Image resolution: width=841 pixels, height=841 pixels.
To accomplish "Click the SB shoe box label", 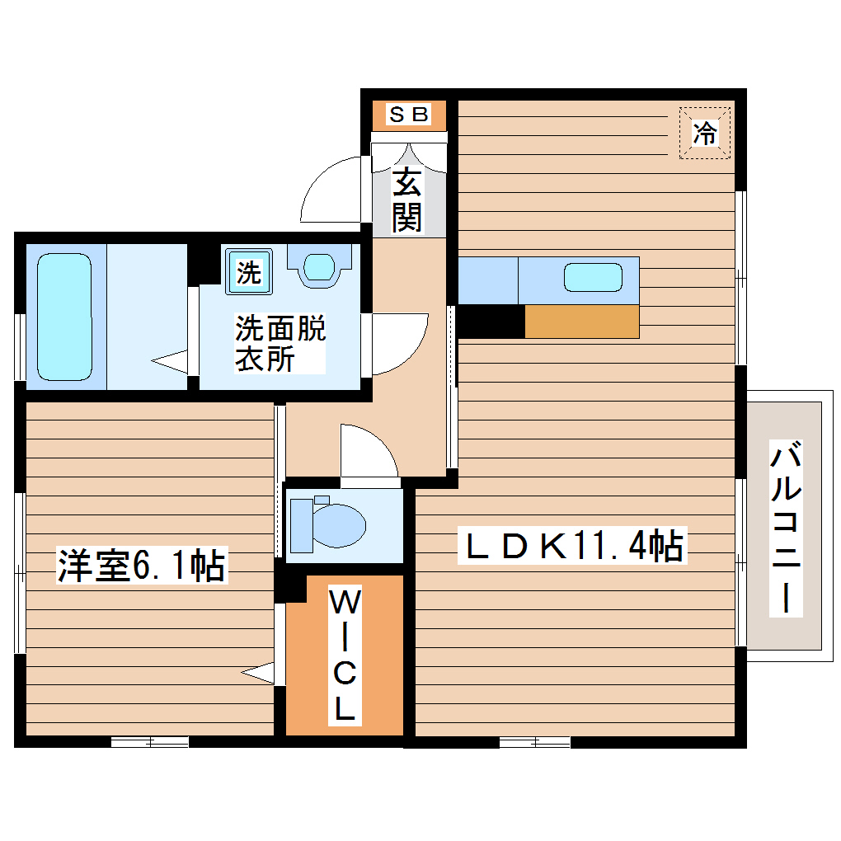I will pos(408,115).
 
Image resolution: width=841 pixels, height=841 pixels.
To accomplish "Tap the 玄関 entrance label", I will pos(406,200).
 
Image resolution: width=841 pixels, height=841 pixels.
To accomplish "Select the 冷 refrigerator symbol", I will pos(704,132).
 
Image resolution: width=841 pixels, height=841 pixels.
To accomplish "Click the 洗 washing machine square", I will pos(248,271).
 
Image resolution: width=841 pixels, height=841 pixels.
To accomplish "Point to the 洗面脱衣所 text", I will pos(280,344).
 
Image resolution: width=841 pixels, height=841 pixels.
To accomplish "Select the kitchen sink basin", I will pos(592,276).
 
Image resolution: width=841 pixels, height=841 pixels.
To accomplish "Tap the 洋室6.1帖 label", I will pos(141,566).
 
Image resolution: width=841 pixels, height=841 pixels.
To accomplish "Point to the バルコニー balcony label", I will pos(787,528).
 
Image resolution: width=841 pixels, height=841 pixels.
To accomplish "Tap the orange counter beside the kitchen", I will pos(581,322).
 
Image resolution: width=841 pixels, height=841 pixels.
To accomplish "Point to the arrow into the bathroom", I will pos(170,360).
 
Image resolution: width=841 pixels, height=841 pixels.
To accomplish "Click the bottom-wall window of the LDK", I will pos(534,742).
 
